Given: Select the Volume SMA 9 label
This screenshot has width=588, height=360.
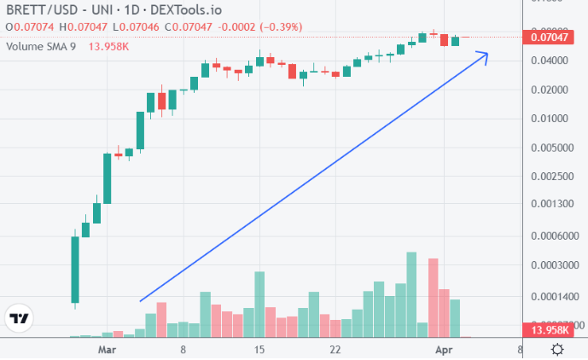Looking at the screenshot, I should [x=41, y=46].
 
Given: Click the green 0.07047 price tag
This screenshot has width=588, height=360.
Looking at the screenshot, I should [x=550, y=37].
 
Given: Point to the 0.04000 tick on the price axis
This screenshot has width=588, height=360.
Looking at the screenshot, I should [x=550, y=61].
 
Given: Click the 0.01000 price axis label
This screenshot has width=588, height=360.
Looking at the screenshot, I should [x=550, y=118].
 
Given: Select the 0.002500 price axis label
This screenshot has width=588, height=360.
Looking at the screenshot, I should [x=550, y=176].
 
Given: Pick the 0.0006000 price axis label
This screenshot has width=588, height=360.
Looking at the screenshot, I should [x=550, y=235].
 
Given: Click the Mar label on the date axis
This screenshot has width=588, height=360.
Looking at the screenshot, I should [x=107, y=350].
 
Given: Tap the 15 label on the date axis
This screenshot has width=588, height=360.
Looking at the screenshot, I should [x=260, y=350].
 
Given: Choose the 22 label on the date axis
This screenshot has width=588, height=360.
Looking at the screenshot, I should [x=335, y=350].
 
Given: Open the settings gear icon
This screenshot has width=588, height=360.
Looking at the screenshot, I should [x=556, y=350].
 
